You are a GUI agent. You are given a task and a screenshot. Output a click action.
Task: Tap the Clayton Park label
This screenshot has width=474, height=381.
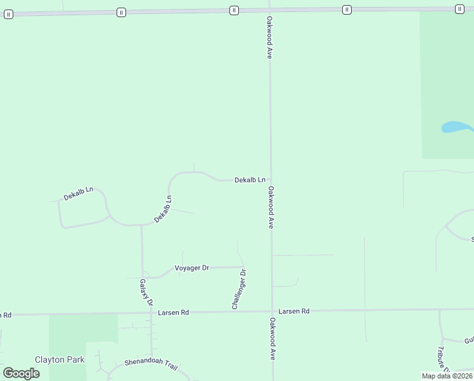(x=60, y=359)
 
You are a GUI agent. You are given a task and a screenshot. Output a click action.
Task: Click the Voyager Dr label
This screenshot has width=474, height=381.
(x=192, y=268)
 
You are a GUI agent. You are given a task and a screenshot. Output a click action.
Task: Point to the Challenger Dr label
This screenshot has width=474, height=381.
(x=239, y=290)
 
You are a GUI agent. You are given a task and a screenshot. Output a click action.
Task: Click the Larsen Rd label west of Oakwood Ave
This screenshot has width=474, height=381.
(x=174, y=312)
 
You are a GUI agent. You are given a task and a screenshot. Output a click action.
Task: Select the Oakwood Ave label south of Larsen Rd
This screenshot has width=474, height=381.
(x=273, y=339)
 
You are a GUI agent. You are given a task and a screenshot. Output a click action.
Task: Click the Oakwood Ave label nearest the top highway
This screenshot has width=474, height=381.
(x=270, y=38)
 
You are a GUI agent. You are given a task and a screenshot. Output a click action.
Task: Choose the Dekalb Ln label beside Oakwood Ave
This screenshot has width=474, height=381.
(x=250, y=180)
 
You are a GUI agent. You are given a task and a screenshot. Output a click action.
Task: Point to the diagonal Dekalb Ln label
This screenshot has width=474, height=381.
(x=163, y=209)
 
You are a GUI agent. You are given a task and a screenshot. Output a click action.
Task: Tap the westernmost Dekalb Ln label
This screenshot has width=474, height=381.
(x=79, y=194)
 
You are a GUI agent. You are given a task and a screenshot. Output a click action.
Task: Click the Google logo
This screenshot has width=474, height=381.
(x=22, y=373)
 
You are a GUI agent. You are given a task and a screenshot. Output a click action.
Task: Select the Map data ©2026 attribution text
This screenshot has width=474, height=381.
(x=447, y=376)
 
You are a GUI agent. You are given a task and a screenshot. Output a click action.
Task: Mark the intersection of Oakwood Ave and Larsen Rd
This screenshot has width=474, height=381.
(x=272, y=311)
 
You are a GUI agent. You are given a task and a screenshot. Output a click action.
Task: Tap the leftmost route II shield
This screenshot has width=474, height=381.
(x=8, y=14)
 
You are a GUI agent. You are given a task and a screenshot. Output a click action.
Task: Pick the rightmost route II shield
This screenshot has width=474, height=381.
(x=459, y=9)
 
